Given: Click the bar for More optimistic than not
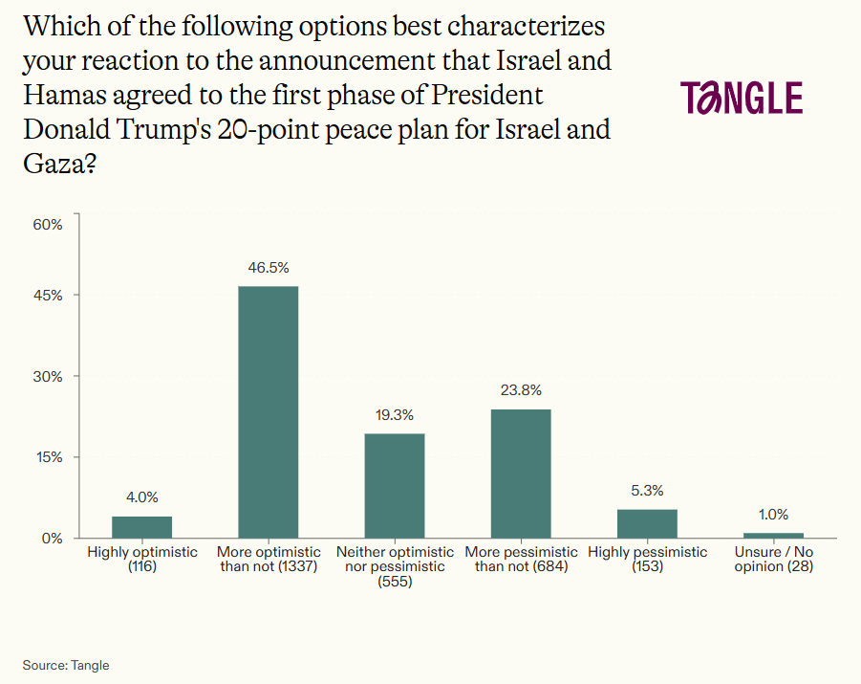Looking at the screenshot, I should coord(268,411).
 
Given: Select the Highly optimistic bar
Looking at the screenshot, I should coord(141,527).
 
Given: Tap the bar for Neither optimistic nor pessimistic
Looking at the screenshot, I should coord(395,485).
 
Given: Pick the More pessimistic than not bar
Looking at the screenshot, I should coord(521,473).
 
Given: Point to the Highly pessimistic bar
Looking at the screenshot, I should coord(647,523).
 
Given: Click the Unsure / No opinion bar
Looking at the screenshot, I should coord(773,535).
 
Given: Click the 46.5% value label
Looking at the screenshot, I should coord(269,267).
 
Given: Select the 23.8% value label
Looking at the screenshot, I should coord(521,389).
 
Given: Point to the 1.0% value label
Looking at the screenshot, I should coord(773,514).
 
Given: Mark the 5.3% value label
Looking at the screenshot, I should coord(647,490).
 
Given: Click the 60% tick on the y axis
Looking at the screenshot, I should coord(48,225).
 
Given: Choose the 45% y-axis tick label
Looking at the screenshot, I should coord(48,296).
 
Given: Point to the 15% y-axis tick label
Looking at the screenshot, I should coord(48,457).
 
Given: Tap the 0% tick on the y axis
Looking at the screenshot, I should coord(52,538).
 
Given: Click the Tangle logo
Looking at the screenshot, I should coord(741,98).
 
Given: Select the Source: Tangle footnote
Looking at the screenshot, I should coord(67,665).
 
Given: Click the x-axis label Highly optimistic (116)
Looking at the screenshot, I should coord(142,559).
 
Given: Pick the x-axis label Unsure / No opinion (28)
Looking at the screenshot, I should coord(774,559).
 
